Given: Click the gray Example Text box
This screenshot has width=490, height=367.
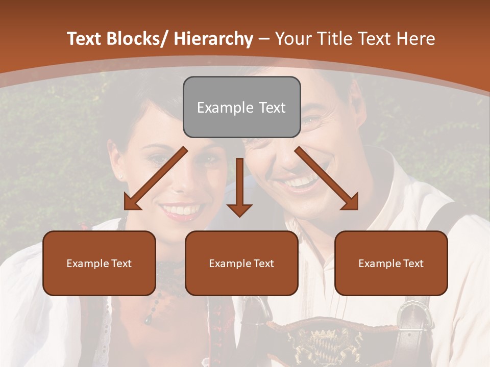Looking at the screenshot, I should tap(241, 107).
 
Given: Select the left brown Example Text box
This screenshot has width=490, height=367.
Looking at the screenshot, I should tap(99, 263).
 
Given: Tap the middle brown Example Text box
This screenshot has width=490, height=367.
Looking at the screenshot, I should tap(241, 263).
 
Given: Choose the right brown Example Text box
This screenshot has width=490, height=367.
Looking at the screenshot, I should tap(391, 263).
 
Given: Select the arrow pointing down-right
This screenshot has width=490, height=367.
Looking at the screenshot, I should tap(327, 178).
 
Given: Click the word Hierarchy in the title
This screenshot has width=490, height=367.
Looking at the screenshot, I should tap(213, 39).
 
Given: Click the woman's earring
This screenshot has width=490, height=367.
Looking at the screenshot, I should tap(121, 177).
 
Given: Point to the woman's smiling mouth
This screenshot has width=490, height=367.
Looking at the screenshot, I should tap(181, 210).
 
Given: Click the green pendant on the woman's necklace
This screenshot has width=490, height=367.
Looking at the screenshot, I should tap(148, 320).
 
